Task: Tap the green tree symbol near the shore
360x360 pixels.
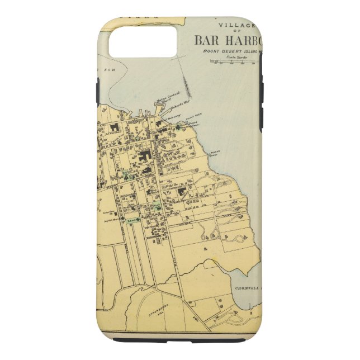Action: (179, 127)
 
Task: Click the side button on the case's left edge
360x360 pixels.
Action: (98, 89)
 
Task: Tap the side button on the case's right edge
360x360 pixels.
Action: (261, 89)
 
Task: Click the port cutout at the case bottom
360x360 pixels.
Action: (179, 339)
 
